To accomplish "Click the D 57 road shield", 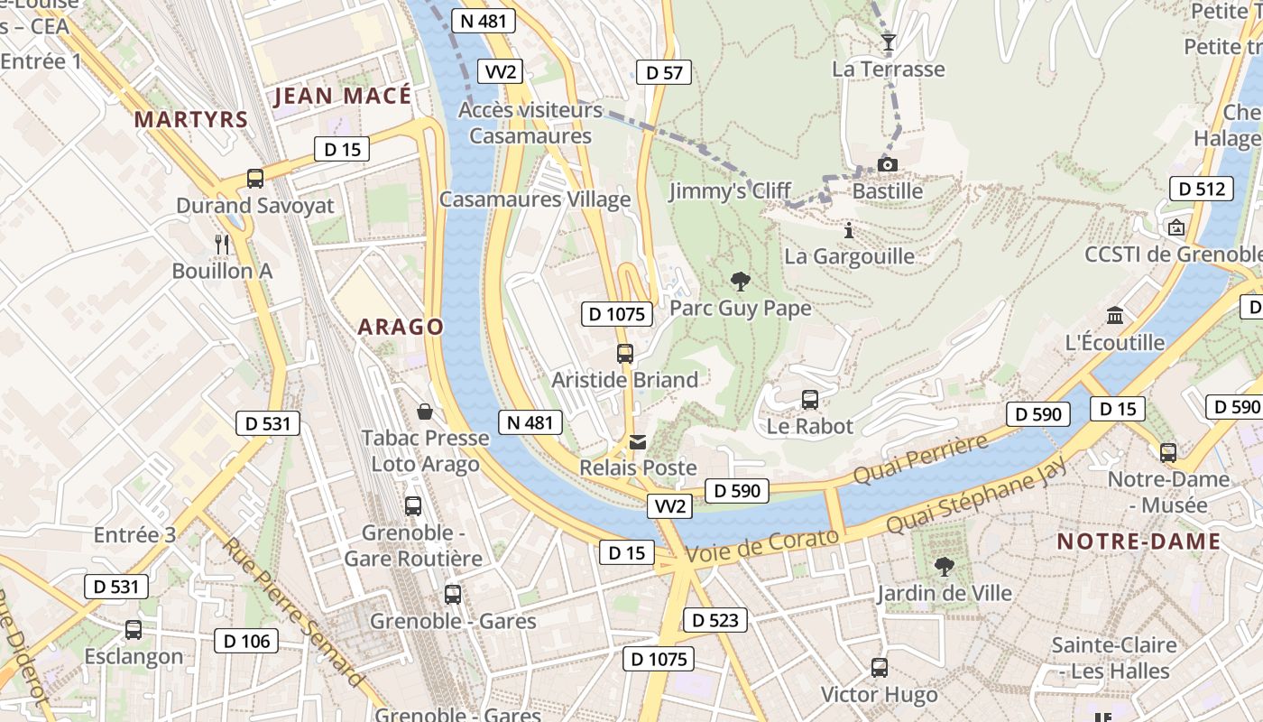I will tap(664, 73).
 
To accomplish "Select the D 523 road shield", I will tap(714, 620).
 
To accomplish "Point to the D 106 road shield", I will tap(246, 641).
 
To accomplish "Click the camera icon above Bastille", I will tap(888, 164).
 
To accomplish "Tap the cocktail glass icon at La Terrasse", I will tap(889, 42).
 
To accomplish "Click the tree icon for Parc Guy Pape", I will tap(741, 282).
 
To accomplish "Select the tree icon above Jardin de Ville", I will tap(945, 567).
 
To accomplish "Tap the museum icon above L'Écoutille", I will tap(1115, 316).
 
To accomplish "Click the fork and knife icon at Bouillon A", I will tap(222, 244).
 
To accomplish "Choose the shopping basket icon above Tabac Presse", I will tap(425, 412).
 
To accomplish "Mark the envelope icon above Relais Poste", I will tap(638, 441).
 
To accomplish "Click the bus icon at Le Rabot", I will tap(810, 399).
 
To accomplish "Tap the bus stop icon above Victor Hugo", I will tap(880, 668).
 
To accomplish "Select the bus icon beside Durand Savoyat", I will tap(255, 179).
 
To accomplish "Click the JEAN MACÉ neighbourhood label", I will tap(343, 96).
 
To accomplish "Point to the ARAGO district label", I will tap(401, 327).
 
